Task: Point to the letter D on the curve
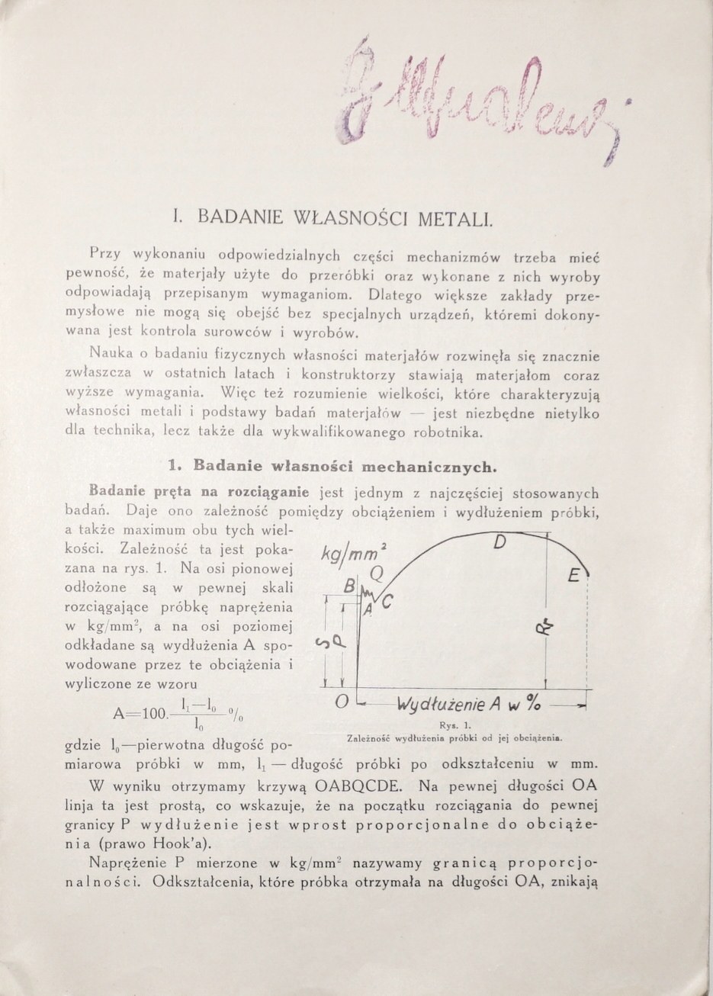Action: point(500,543)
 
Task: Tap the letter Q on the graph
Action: point(374,571)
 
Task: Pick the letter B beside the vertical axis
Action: point(349,587)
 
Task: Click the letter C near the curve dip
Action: point(387,602)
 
